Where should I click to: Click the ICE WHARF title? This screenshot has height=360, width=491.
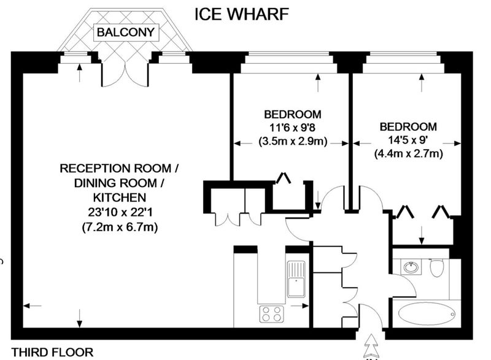pos(240,13)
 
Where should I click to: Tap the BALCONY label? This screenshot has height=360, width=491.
pos(125,31)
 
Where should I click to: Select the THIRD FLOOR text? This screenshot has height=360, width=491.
pos(52,352)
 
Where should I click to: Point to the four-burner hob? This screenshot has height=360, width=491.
pos(273,313)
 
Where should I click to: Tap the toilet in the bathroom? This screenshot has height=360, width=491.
pos(437,268)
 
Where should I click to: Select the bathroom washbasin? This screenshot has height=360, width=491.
pos(411,267)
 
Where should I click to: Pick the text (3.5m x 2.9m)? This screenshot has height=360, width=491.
pos(293,142)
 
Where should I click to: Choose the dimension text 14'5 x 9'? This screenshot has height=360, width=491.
pos(408,140)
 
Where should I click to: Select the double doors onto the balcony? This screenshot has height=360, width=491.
pos(125,72)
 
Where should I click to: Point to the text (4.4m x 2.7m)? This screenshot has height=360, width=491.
pos(408,155)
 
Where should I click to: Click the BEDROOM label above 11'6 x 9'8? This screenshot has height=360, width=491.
pos(293,114)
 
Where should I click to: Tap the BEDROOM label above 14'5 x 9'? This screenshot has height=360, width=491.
pos(408,127)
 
